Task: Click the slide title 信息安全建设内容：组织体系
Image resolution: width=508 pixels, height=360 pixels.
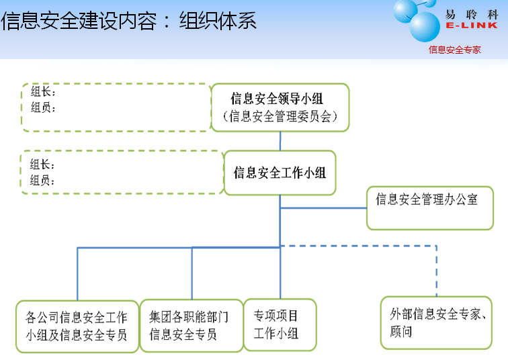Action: (129, 21)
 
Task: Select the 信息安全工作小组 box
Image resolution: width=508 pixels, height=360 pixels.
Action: (280, 173)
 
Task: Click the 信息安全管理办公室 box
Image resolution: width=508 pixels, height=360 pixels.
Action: (429, 208)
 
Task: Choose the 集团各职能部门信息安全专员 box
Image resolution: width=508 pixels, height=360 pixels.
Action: (191, 326)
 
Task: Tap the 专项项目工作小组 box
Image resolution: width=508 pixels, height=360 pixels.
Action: (279, 324)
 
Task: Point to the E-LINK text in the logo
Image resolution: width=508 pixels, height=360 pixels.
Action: (471, 26)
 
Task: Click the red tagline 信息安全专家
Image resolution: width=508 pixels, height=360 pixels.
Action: (455, 49)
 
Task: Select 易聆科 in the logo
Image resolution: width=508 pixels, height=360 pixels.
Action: (471, 13)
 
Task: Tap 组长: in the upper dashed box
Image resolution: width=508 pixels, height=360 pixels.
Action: (43, 92)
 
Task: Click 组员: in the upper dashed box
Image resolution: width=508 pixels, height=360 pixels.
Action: (43, 107)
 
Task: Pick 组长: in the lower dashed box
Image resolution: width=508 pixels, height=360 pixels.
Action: (43, 165)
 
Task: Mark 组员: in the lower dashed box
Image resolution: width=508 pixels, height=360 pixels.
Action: (43, 180)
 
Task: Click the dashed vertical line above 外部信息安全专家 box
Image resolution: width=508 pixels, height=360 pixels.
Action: (437, 272)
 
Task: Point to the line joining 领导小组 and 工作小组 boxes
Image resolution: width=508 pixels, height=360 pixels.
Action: (280, 140)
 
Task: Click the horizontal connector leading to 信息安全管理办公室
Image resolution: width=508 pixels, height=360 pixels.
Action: (323, 208)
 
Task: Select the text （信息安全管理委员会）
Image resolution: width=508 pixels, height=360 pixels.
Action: (280, 117)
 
